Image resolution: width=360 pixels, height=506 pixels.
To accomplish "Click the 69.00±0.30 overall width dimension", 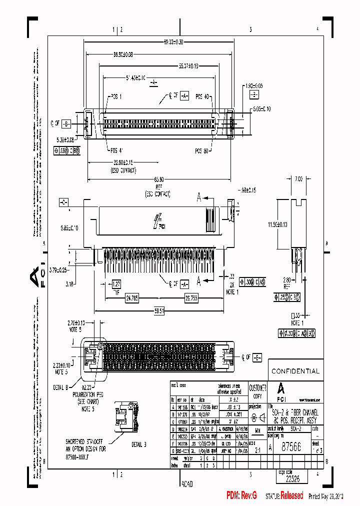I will (159, 42).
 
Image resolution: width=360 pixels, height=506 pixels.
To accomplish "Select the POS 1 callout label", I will (115, 96).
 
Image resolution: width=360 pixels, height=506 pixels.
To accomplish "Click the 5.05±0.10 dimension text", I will (261, 109).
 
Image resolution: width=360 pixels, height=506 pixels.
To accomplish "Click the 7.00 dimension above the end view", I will (298, 178).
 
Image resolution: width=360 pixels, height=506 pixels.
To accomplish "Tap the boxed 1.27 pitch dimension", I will (116, 283).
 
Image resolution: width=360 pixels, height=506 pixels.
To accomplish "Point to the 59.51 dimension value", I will (159, 310).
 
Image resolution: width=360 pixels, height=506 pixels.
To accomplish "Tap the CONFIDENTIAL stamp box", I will (295, 371).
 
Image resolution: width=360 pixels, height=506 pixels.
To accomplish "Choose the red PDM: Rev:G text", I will (241, 495).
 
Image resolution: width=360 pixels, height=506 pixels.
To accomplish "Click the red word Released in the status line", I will (291, 495).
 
